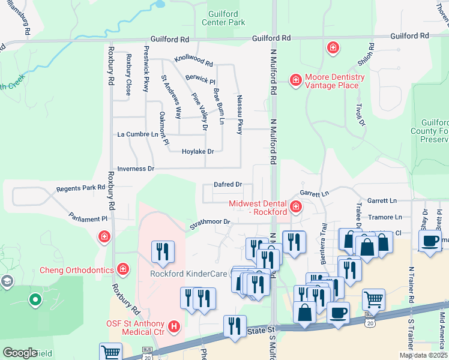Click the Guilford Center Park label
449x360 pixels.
pos(226,17)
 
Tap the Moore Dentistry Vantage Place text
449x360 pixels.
pos(334,81)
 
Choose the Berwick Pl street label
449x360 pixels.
pos(200,79)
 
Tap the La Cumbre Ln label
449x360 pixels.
pos(137,134)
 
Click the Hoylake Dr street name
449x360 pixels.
pos(198,152)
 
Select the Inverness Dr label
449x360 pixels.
pos(136,169)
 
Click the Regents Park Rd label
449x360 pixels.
pos(80,188)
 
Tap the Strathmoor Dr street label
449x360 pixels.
pos(210,222)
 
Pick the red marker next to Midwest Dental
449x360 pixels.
pos(295,208)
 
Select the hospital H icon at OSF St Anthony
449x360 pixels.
pos(174,326)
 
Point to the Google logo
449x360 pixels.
pos(20,353)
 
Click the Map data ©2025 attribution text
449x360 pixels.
pos(423,355)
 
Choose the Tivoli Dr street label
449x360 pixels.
pos(361,114)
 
